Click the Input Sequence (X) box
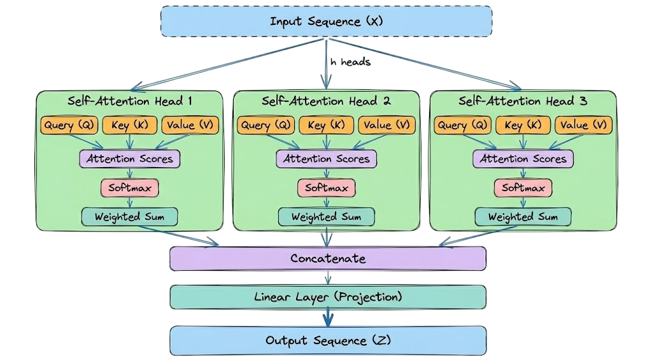[326, 21]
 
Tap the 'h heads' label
[350, 62]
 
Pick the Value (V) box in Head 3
[583, 125]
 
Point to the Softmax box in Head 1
[129, 188]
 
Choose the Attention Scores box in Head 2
[326, 159]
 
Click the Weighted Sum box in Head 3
[523, 217]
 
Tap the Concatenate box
[327, 258]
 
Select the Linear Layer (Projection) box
[327, 297]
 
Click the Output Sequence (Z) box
[327, 340]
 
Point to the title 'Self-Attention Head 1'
[129, 101]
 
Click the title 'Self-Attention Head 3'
[523, 101]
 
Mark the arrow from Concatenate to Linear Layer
[327, 278]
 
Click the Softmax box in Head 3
[523, 188]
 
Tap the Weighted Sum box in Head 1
[129, 217]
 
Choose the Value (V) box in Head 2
[386, 125]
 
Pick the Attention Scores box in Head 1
[129, 159]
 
